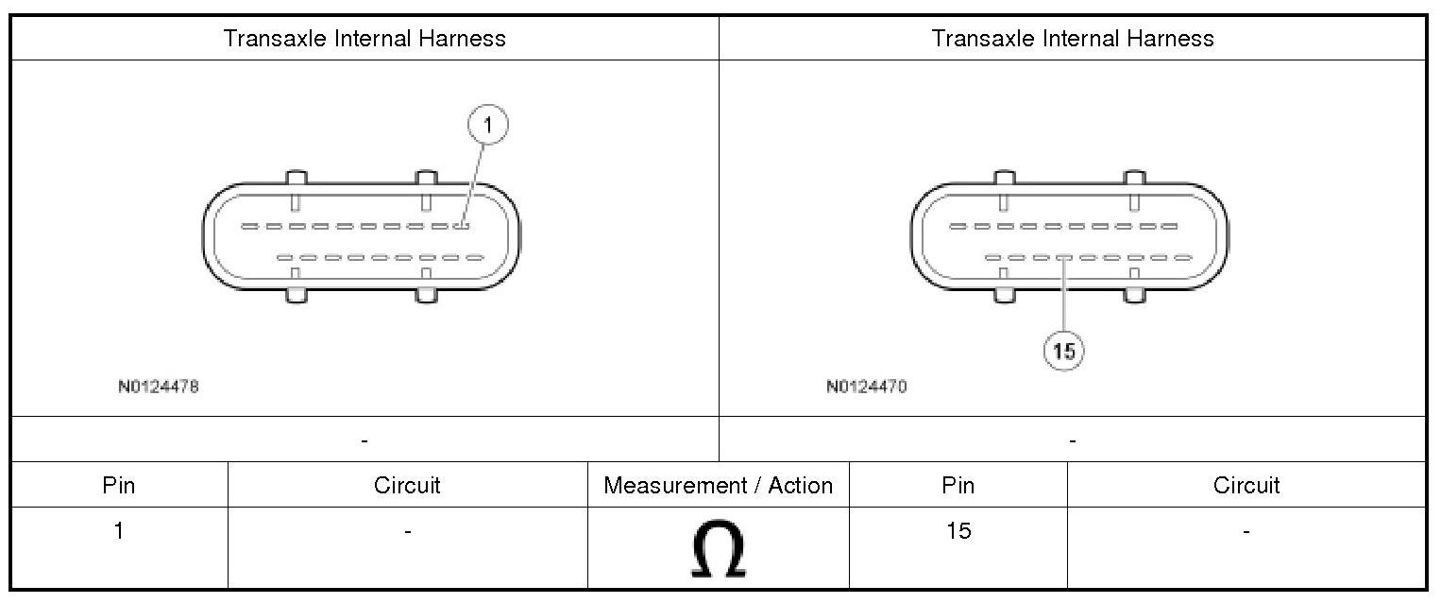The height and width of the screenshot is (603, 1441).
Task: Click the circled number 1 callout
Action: click(487, 125)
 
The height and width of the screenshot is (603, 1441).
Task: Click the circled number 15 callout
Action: click(1063, 352)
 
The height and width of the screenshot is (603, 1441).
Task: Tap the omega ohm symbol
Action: click(718, 550)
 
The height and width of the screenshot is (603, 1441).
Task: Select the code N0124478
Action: click(159, 387)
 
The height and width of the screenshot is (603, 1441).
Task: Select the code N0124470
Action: click(866, 387)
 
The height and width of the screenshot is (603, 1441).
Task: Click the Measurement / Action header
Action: click(718, 486)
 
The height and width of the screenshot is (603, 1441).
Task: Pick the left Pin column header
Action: click(119, 486)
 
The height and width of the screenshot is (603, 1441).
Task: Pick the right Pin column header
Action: click(958, 486)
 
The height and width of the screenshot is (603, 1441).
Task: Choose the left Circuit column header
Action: click(407, 486)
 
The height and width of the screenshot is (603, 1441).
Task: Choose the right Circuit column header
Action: click(1246, 486)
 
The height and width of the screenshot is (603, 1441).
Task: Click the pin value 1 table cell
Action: click(119, 531)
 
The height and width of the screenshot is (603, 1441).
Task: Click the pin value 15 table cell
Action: click(958, 531)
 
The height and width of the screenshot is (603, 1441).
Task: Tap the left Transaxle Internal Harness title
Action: click(364, 39)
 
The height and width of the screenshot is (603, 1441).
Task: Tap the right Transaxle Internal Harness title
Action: click(1073, 39)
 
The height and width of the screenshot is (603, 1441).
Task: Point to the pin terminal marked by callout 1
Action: click(461, 226)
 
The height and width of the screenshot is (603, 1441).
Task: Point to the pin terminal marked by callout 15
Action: click(1063, 257)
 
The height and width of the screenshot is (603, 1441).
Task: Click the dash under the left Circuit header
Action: click(407, 533)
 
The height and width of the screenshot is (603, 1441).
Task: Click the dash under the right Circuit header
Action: click(1246, 533)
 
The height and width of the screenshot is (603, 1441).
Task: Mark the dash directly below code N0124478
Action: click(364, 440)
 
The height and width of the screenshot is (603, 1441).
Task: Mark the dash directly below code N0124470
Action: click(1073, 440)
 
